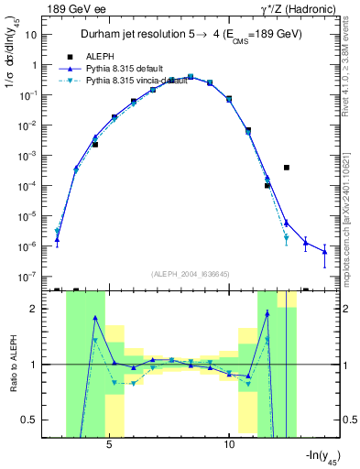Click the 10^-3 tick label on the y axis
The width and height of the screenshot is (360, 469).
pyautogui.click(x=29, y=157)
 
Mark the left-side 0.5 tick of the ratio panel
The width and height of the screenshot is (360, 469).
pyautogui.click(x=32, y=420)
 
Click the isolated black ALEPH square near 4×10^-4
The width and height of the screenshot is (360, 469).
pyautogui.click(x=287, y=168)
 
